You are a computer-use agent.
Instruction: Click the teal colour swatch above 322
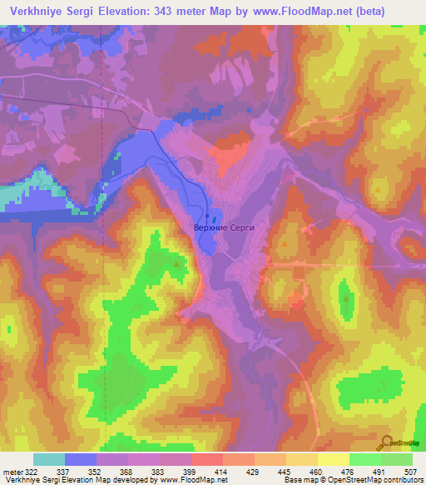[49, 459]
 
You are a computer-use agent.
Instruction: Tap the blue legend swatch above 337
[81, 459]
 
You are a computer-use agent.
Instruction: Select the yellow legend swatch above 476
[333, 459]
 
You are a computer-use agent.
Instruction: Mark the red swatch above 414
[207, 459]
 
